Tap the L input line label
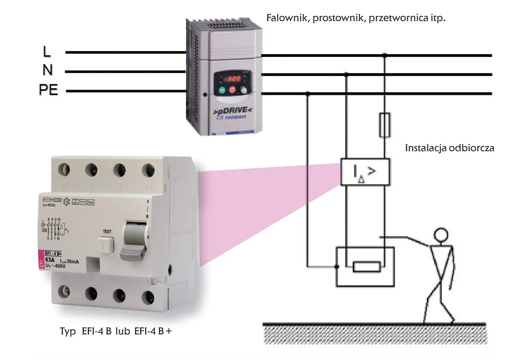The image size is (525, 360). pos(47,52)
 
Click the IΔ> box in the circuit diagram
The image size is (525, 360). pos(364,172)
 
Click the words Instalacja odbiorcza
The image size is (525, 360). pos(450,148)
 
